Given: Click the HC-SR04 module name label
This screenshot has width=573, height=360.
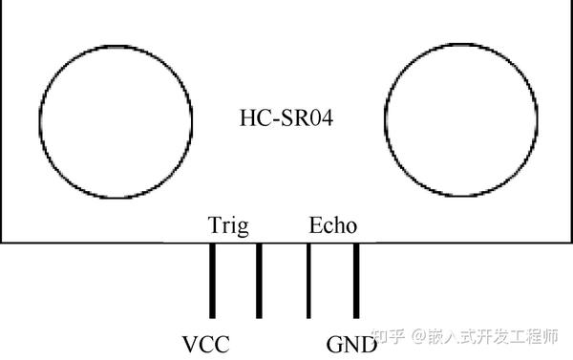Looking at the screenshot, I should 285,117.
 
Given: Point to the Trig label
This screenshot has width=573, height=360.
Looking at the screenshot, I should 228,226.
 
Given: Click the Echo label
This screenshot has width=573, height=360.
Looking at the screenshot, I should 333,226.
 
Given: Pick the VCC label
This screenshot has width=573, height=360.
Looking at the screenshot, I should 205,344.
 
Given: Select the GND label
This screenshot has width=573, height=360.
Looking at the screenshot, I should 350,344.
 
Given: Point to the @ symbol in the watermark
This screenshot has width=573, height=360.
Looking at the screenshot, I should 416,337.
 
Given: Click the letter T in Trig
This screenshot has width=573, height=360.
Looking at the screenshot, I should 214,226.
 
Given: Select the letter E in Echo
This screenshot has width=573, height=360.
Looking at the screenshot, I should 315,226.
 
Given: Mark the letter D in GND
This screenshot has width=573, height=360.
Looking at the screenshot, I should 368,344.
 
